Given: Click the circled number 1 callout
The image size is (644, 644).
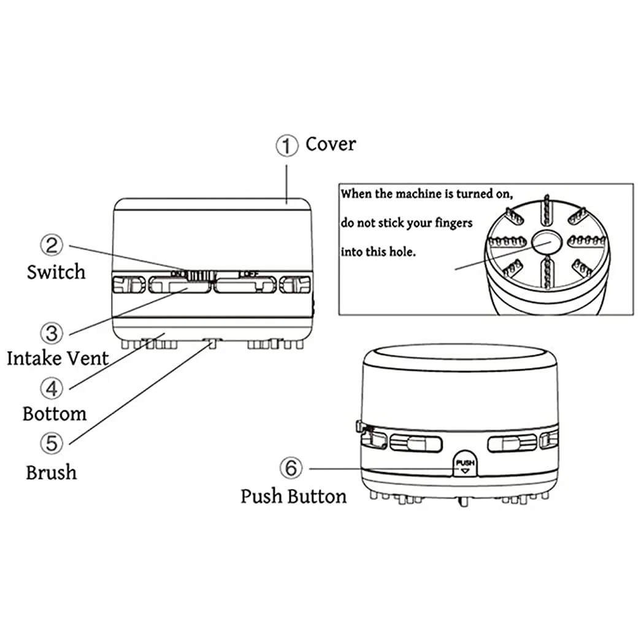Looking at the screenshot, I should [x=286, y=145].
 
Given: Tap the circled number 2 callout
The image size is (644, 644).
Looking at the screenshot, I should [x=52, y=245].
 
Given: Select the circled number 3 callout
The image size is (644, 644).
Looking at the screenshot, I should [x=52, y=333].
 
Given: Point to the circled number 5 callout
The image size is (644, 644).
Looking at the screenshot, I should [x=52, y=442].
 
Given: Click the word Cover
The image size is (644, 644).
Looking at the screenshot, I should [x=331, y=144].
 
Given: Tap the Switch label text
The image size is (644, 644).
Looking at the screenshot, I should [x=56, y=272].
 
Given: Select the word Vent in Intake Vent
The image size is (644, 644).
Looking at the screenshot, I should [x=86, y=358].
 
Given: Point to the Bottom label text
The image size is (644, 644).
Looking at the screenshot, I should [x=55, y=413].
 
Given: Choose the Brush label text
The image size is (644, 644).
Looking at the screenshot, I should [x=52, y=472].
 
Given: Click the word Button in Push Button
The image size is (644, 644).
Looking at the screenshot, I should [x=318, y=496].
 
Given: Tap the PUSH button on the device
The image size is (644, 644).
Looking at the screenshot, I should [x=464, y=464].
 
